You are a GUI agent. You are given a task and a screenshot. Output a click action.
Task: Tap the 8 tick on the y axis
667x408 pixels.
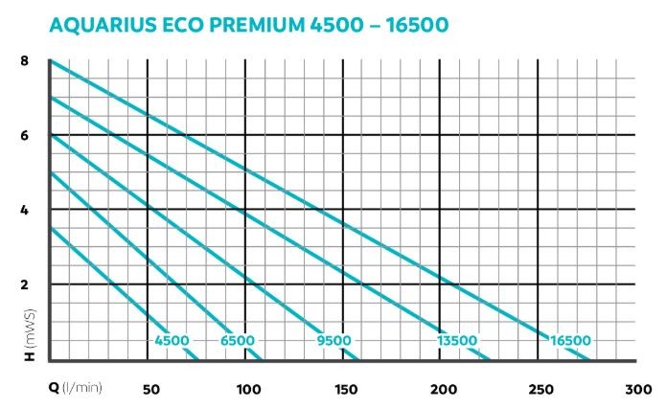click(x=25, y=61)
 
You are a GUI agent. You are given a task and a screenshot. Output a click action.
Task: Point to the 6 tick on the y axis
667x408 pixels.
click(x=25, y=135)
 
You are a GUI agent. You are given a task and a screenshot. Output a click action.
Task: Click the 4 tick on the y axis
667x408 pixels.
click(x=25, y=210)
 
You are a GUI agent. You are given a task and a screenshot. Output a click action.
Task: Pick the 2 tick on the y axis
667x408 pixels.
click(x=25, y=284)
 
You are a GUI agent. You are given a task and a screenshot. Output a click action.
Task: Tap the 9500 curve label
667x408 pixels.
click(x=333, y=340)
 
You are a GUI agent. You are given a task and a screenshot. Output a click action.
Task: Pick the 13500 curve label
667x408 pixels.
click(x=456, y=340)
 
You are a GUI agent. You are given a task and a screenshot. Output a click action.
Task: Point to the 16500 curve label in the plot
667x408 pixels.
click(x=570, y=340)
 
